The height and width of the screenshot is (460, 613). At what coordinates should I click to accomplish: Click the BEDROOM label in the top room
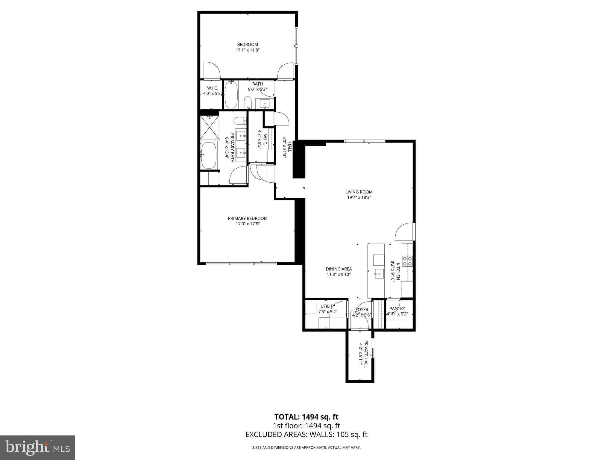tap(248, 45)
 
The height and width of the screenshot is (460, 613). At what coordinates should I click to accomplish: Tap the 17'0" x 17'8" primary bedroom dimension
tap(248, 224)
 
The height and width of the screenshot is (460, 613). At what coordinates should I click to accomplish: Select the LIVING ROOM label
tap(359, 192)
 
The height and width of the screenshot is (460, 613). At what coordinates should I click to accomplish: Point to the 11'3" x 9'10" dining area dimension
tap(339, 274)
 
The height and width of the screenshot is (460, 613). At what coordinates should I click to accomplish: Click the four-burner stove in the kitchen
tap(407, 261)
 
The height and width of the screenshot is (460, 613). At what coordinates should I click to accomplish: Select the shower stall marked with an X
tap(210, 128)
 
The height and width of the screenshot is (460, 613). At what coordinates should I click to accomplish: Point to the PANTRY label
tap(397, 308)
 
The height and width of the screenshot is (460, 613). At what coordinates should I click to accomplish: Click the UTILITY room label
tap(328, 306)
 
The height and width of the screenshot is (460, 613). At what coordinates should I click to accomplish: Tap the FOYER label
tap(362, 310)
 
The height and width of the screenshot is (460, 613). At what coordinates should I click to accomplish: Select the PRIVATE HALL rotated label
tap(366, 355)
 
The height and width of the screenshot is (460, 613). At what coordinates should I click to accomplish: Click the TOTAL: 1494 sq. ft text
tap(306, 417)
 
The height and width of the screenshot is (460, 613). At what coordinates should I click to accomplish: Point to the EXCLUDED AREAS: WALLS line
tap(306, 435)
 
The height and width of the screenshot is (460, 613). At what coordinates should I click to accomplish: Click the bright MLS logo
tap(37, 447)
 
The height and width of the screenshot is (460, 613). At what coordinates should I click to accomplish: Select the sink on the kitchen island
tap(379, 273)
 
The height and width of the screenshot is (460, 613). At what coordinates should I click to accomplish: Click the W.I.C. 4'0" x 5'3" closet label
tap(212, 91)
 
